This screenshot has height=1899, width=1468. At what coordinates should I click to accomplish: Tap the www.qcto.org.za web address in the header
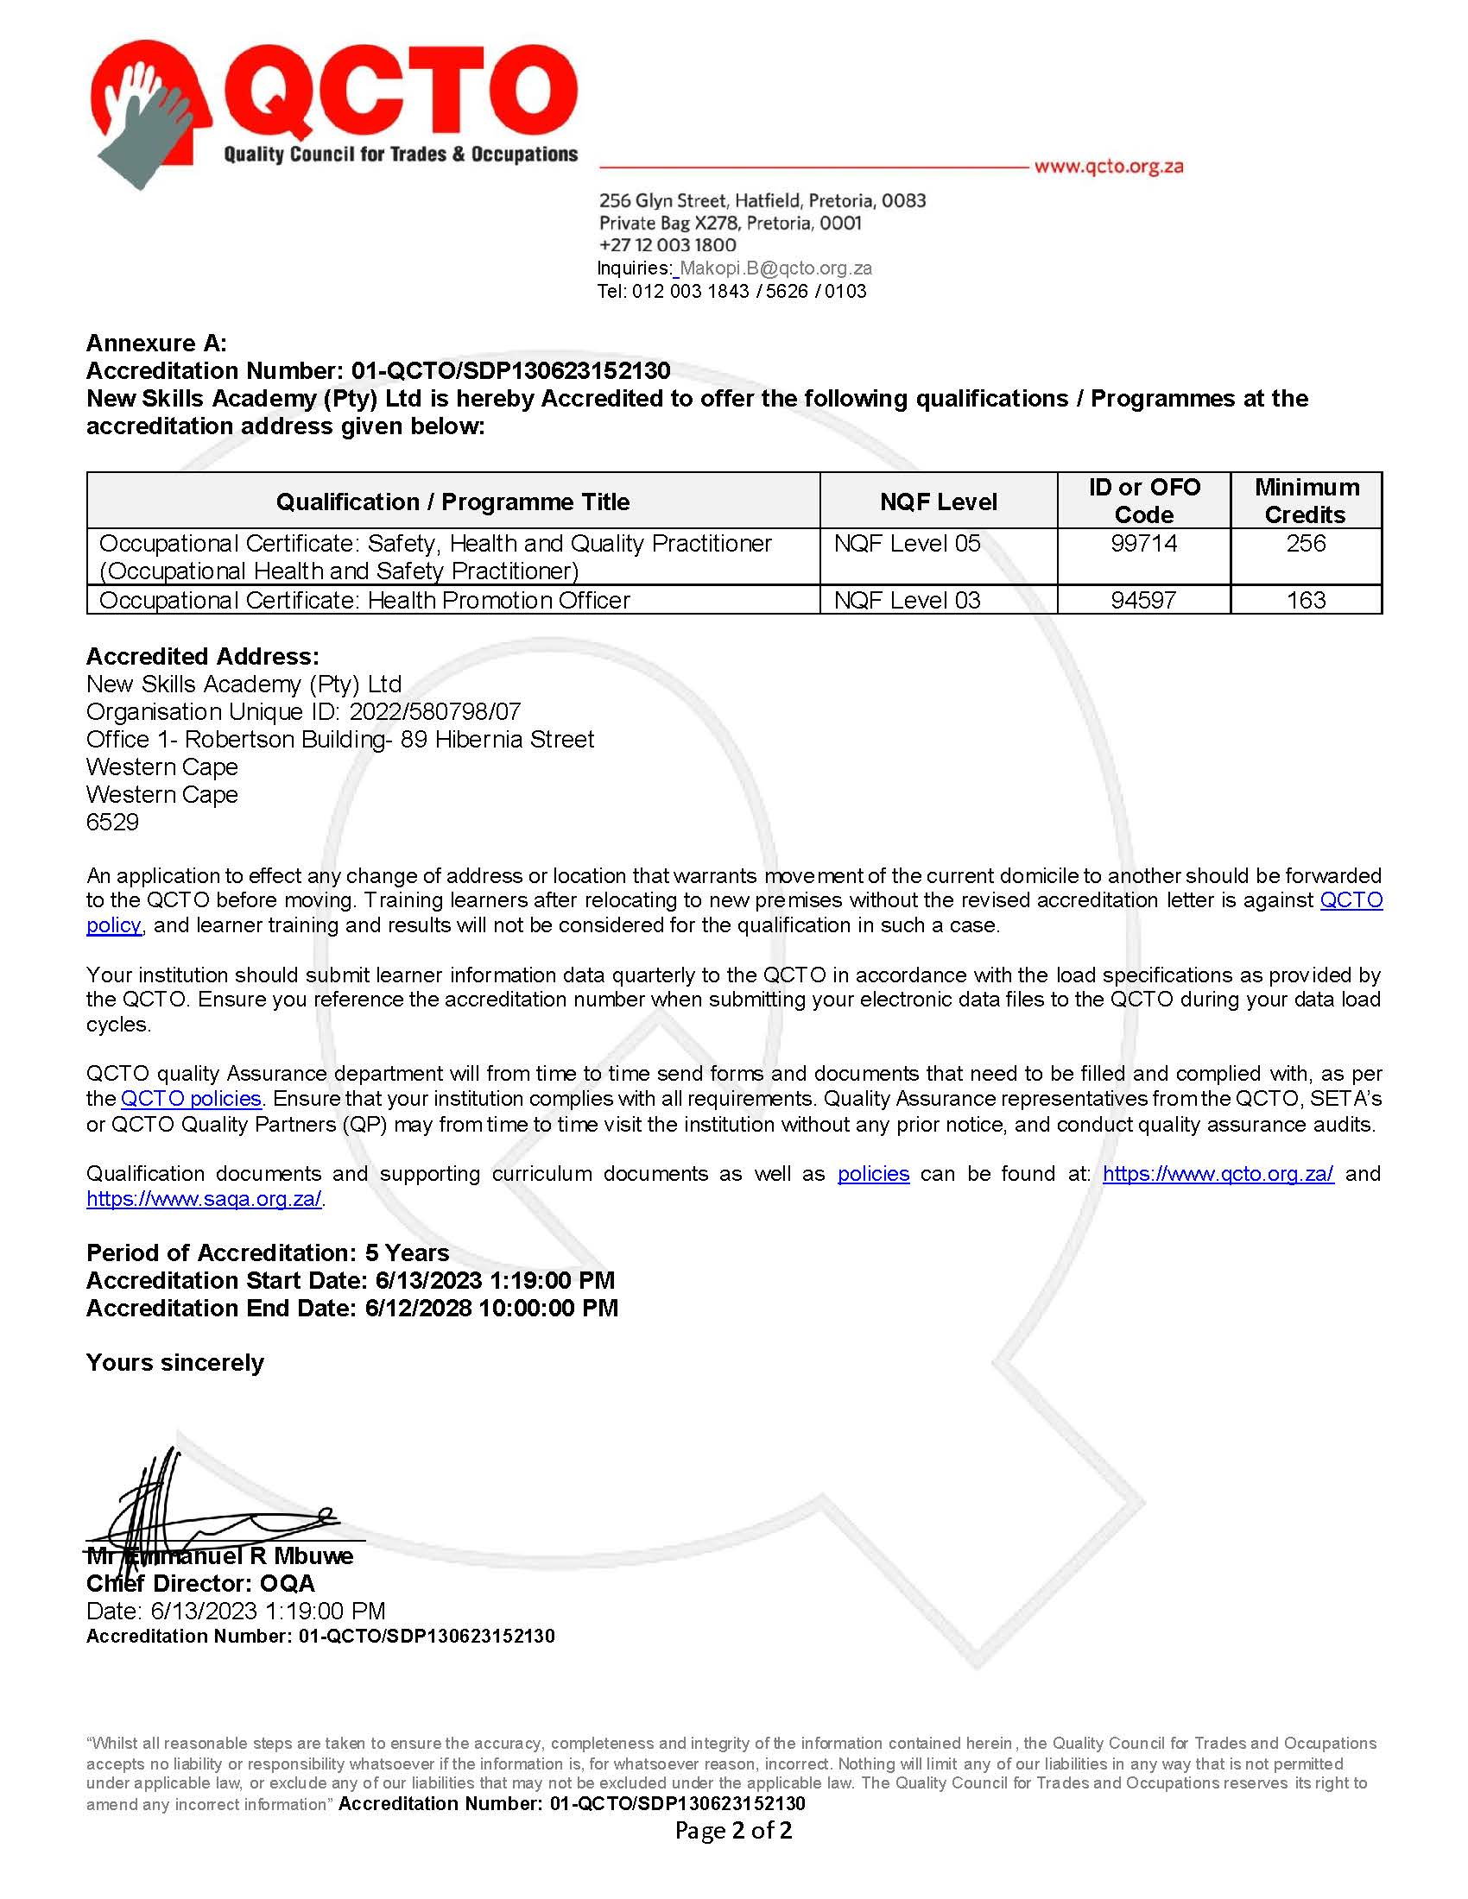tap(1108, 166)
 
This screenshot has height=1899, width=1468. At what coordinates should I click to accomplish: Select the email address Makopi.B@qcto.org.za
tap(775, 268)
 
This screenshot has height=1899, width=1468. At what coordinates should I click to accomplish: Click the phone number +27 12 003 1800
tap(667, 245)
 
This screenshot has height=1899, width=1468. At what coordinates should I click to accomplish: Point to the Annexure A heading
tap(156, 343)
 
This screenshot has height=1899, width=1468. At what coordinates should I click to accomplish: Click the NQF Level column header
tap(938, 502)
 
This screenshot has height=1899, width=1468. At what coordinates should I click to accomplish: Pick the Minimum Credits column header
tap(1306, 501)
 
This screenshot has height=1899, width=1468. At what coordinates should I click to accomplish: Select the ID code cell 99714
tap(1143, 544)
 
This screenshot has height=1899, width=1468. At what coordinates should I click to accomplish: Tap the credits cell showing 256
tap(1306, 544)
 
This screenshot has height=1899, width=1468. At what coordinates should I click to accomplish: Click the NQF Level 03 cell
tap(906, 600)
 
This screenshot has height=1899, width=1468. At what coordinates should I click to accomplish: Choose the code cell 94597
tap(1143, 600)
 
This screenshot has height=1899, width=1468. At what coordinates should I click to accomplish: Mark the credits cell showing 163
tap(1306, 600)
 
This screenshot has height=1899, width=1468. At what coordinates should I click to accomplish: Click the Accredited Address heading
tap(203, 656)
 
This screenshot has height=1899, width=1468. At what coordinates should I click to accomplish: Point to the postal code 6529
tap(112, 822)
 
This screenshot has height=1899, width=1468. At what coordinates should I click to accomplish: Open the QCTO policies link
tap(191, 1098)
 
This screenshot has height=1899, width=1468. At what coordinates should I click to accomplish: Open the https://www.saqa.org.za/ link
tap(205, 1198)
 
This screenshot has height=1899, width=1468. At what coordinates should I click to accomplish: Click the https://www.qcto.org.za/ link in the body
tap(1218, 1173)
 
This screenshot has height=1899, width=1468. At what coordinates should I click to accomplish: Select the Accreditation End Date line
tap(352, 1308)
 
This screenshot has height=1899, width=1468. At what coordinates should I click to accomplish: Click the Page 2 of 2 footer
tap(733, 1830)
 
